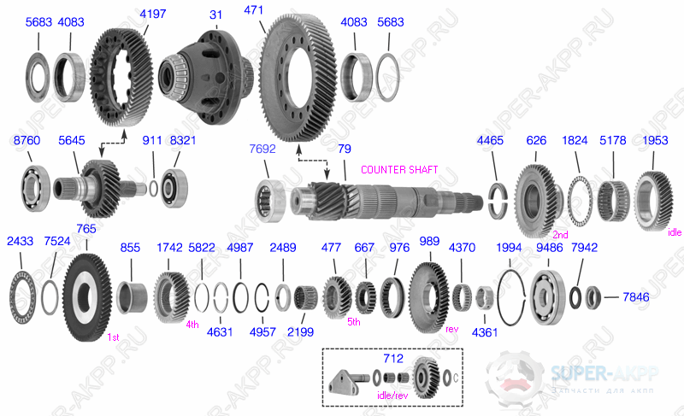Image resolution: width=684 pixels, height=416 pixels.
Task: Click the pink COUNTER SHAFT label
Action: pos(399,170)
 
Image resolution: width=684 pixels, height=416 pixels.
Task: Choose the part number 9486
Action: pos(549,249)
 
